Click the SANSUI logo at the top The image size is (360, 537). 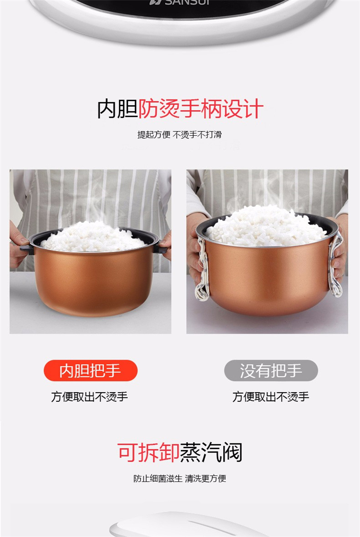pyautogui.click(x=175, y=2)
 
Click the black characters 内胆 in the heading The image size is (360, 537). pyautogui.click(x=117, y=109)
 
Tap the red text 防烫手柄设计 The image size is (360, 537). pyautogui.click(x=201, y=109)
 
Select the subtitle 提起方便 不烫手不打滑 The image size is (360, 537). pyautogui.click(x=180, y=134)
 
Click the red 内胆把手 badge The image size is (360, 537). pyautogui.click(x=90, y=370)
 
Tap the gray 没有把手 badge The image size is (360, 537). pyautogui.click(x=271, y=370)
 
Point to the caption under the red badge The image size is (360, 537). pyautogui.click(x=89, y=396)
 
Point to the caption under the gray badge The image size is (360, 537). pyautogui.click(x=271, y=396)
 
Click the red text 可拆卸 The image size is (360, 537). pyautogui.click(x=148, y=453)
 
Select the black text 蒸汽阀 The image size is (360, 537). pyautogui.click(x=211, y=453)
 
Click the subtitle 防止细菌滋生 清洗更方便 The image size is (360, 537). pyautogui.click(x=180, y=478)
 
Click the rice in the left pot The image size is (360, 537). pyautogui.click(x=93, y=236)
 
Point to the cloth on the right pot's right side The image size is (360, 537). pyautogui.click(x=336, y=264)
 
